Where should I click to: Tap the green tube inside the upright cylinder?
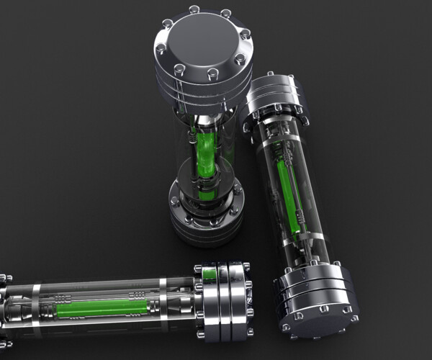(x=204, y=155)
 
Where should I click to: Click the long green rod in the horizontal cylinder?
(x=101, y=309)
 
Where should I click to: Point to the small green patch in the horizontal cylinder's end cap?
(x=210, y=274)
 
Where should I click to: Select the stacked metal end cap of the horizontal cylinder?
(x=224, y=302)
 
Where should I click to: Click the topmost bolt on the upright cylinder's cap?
(x=194, y=9)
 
